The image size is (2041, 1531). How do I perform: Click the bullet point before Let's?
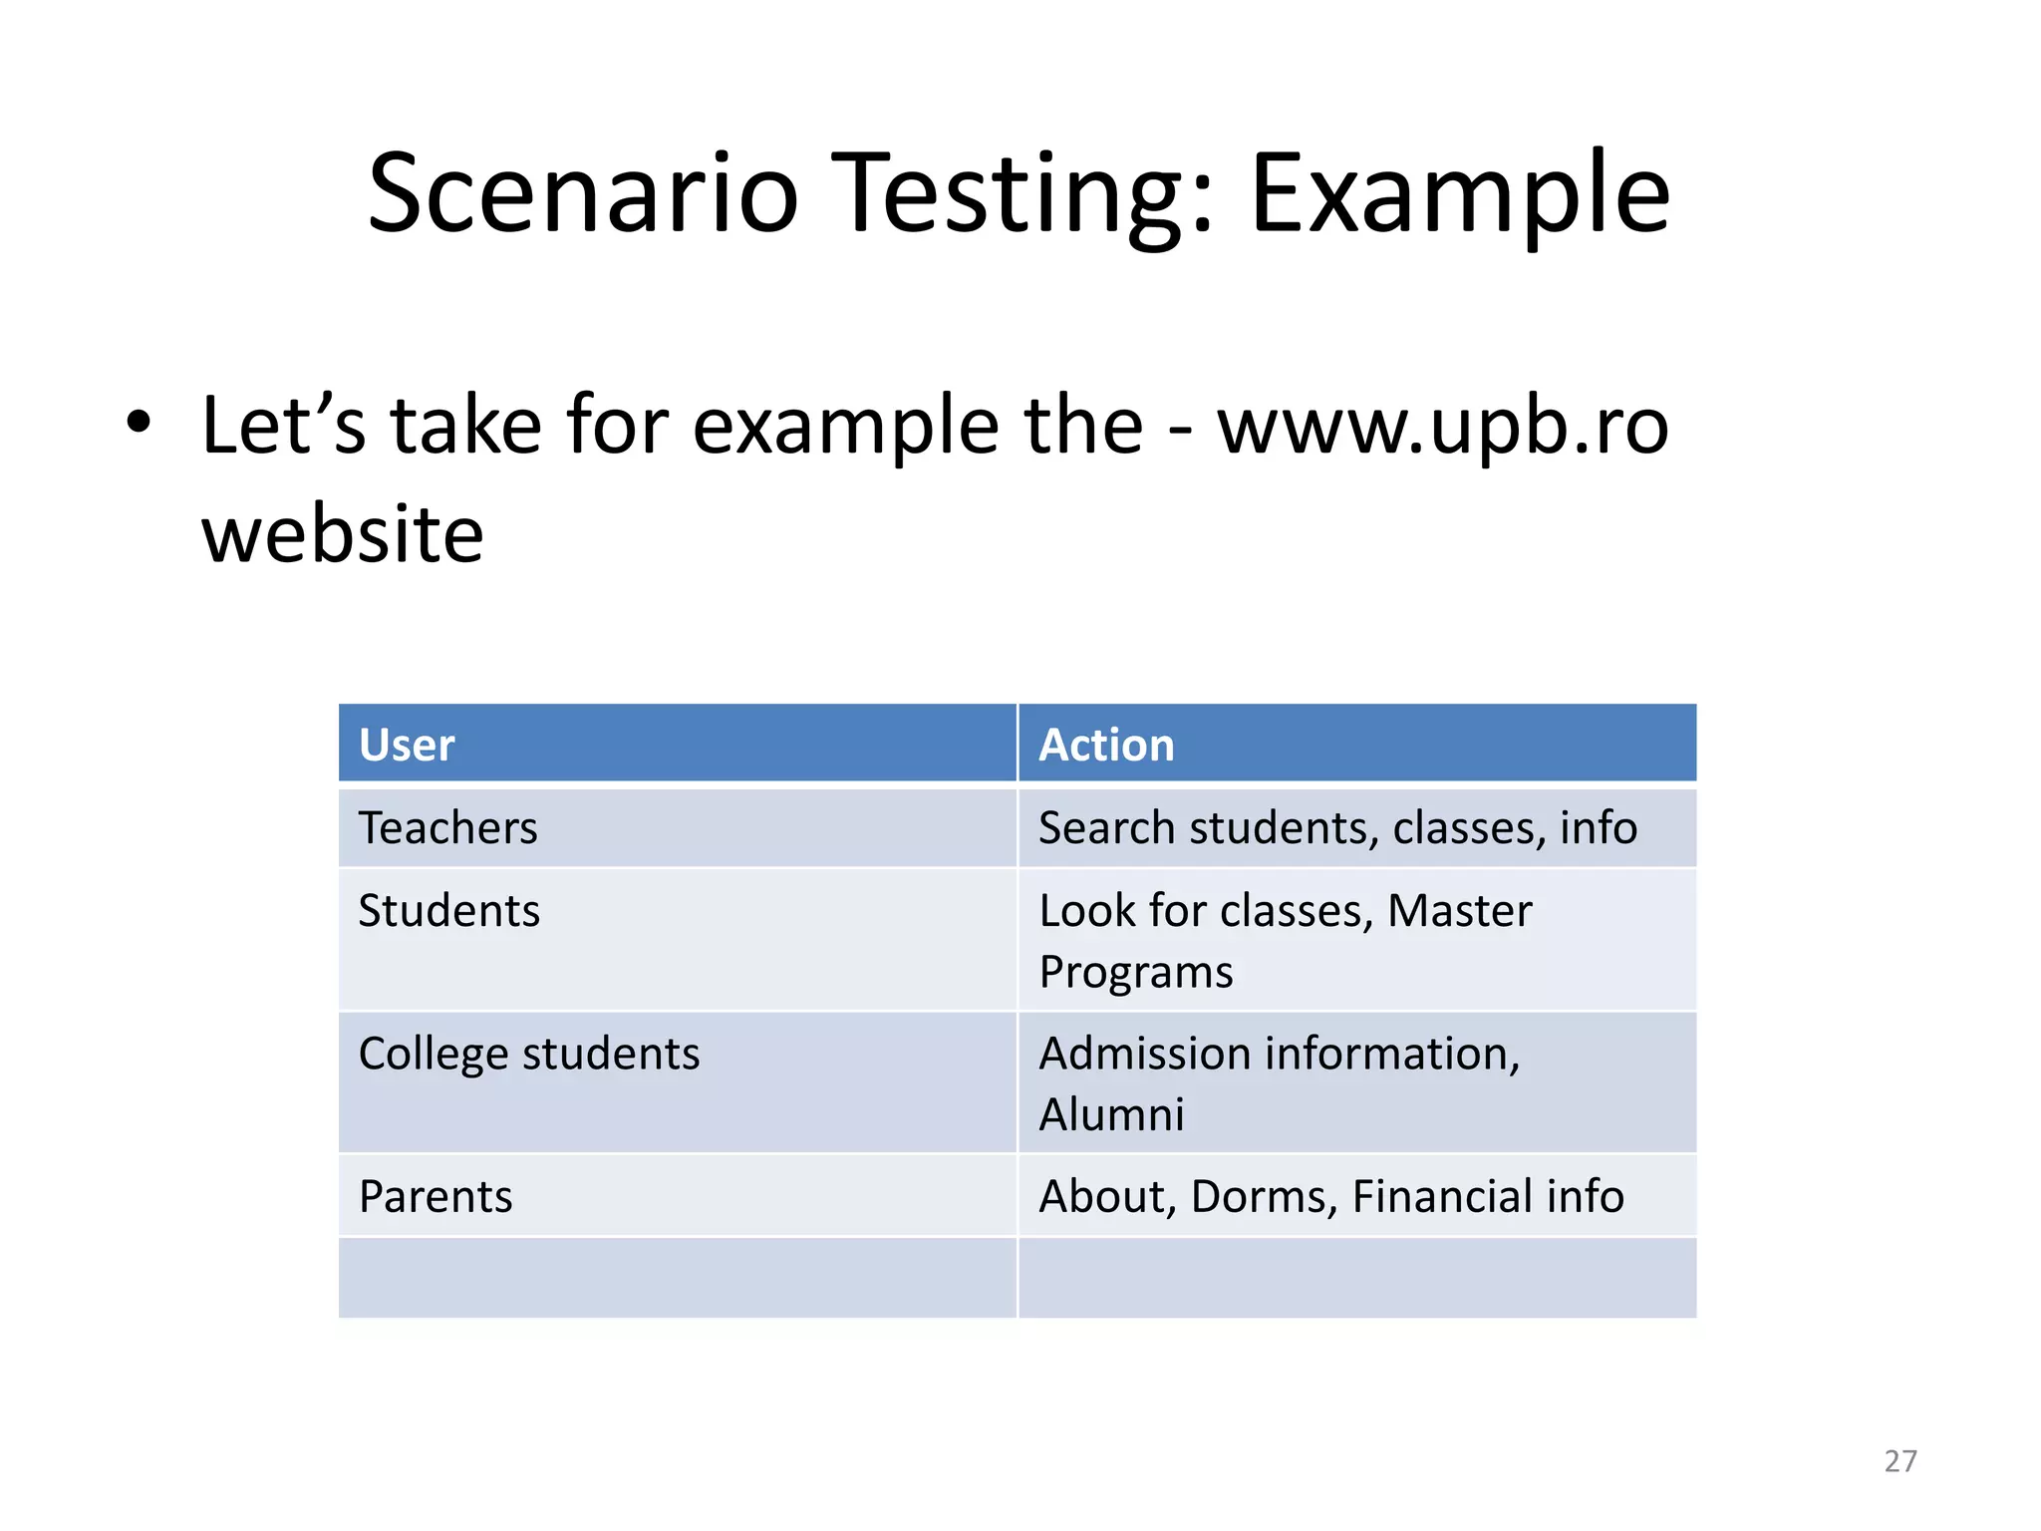139,423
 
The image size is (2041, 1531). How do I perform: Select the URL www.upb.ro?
1442,427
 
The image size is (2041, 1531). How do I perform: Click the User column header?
407,745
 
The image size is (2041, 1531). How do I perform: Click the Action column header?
1106,745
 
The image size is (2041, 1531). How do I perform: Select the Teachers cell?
447,827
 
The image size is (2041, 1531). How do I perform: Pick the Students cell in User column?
448,910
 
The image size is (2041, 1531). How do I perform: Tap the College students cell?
528,1054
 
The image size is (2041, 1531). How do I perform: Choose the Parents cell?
436,1196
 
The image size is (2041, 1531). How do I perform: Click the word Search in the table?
1106,827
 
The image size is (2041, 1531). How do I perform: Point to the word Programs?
1136,972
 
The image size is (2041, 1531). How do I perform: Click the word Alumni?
1111,1114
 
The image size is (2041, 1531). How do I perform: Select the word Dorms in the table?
1263,1196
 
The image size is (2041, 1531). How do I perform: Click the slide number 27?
1899,1461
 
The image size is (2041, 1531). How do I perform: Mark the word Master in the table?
1459,910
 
